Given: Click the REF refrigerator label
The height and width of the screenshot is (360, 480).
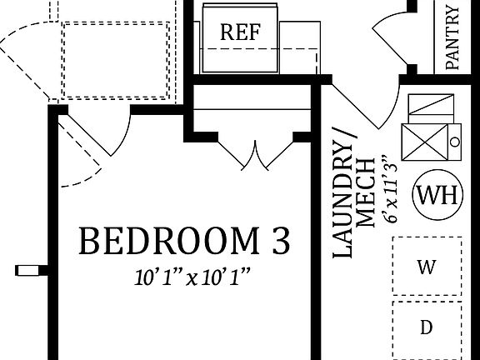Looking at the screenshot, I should click(x=240, y=33).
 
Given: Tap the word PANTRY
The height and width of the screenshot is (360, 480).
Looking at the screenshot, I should click(x=452, y=37).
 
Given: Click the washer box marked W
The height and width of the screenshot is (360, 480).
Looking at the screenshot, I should click(x=426, y=267).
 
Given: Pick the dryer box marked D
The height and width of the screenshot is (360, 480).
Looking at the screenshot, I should click(x=426, y=327).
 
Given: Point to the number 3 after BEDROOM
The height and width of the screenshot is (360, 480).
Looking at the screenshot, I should click(x=281, y=242).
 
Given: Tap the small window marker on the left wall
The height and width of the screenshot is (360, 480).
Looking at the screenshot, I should click(x=29, y=269).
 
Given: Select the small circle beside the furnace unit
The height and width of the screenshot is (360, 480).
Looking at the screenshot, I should click(x=454, y=142).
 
